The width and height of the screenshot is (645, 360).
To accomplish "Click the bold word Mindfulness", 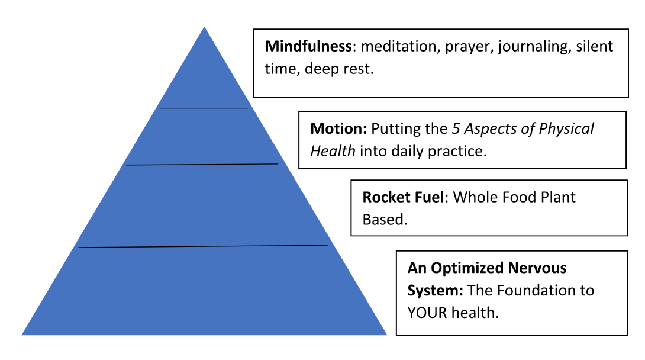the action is tap(308, 46).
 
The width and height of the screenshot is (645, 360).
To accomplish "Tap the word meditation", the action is tap(398, 47).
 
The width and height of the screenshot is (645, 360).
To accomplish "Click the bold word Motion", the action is tap(338, 128).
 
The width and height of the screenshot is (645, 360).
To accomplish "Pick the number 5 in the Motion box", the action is tap(456, 128).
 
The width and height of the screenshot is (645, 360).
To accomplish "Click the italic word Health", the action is tap(333, 151).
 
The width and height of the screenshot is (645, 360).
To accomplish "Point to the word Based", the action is tap(385, 220).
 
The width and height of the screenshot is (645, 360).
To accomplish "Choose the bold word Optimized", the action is tap(467, 268).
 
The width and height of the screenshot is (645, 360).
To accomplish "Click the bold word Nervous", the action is tap(537, 268).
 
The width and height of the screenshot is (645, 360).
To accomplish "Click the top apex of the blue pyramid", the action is tap(204, 28).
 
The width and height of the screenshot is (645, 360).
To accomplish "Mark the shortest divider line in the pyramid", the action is tap(204, 108).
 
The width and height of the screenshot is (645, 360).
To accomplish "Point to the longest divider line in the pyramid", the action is tap(203, 246).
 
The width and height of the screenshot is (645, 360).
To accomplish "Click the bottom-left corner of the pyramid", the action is tap(22, 335).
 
